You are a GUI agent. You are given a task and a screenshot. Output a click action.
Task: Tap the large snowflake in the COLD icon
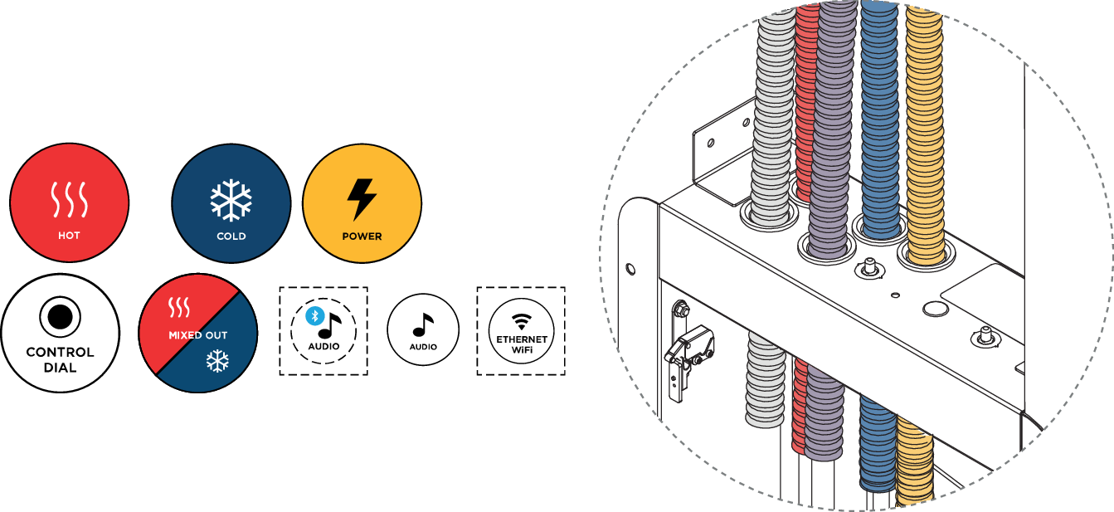(231, 199)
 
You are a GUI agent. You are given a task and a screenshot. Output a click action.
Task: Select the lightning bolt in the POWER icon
(362, 199)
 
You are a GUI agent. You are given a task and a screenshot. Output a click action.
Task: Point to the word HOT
(69, 236)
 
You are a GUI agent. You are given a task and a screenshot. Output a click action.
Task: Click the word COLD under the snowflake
(231, 236)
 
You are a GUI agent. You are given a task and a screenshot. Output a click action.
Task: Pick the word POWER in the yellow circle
(362, 236)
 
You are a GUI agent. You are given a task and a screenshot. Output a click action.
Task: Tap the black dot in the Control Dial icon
(60, 316)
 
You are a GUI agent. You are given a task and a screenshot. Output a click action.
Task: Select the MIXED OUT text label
(197, 335)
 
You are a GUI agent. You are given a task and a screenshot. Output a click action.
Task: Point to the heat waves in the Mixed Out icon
(179, 309)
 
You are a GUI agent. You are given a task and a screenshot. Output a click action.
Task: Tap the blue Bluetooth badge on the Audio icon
(313, 315)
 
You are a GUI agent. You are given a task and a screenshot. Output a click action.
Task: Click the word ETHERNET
(521, 339)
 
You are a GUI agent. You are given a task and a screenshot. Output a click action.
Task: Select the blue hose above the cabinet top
(879, 116)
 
